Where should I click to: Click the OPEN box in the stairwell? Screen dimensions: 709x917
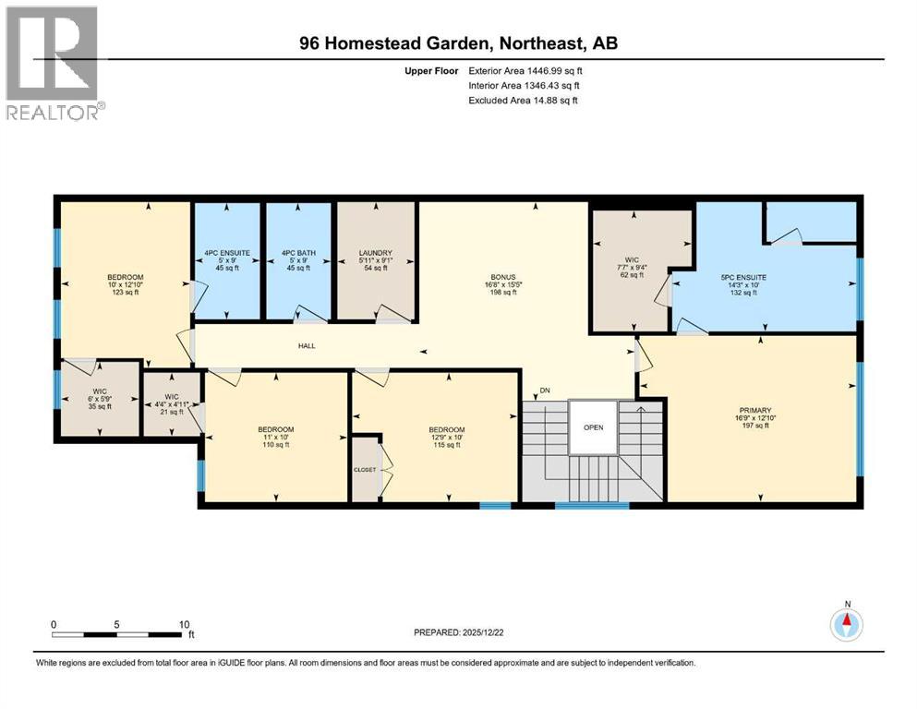click(593, 427)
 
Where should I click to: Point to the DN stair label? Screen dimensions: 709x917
click(545, 391)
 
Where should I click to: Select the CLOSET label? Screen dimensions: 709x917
click(365, 469)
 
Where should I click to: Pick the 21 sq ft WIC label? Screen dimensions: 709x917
click(171, 404)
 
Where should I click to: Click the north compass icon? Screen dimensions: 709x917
click(846, 623)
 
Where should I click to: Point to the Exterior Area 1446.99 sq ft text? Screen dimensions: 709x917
click(525, 70)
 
